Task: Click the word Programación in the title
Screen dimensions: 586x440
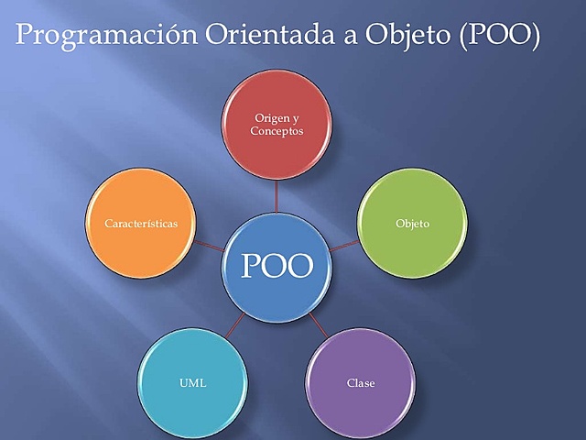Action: tap(106, 36)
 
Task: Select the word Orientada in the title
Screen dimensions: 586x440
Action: tap(270, 34)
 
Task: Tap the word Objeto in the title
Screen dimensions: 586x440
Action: tap(407, 36)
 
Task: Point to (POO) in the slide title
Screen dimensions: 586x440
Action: tap(499, 35)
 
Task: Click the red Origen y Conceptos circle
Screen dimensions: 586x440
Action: tap(277, 125)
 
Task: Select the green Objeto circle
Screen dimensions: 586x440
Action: tap(413, 224)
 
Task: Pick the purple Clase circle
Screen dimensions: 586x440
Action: tap(361, 383)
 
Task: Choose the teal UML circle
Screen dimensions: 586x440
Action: tap(192, 383)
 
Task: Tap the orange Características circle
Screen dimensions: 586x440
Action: tap(140, 224)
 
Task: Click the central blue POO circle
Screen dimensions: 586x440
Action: tap(277, 268)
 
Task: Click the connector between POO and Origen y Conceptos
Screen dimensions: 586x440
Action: tap(277, 196)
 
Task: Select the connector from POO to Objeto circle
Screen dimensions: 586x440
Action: tap(344, 246)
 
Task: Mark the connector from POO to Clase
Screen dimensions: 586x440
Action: tap(319, 325)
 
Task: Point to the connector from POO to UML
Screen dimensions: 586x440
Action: tap(235, 325)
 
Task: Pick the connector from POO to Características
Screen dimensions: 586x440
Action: tap(209, 246)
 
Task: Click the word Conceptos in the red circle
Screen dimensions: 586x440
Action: tap(277, 131)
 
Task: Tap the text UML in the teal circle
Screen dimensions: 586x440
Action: tap(192, 383)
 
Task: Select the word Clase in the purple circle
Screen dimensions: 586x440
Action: tap(361, 383)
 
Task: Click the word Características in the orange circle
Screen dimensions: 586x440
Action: tap(141, 224)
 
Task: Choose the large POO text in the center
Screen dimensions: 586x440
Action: tap(277, 266)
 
